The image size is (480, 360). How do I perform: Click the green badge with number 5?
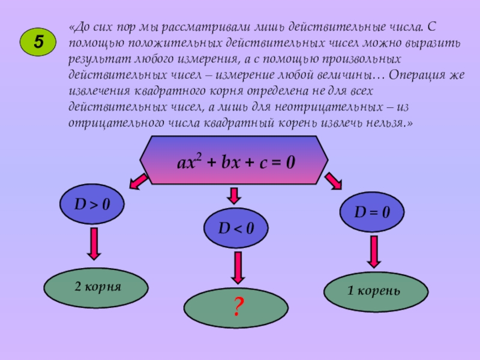click(38, 42)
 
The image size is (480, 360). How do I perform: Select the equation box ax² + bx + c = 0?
click(235, 161)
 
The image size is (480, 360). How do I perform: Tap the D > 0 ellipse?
click(92, 205)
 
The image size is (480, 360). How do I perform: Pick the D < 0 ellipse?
click(235, 228)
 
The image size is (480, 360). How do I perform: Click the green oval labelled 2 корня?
click(97, 287)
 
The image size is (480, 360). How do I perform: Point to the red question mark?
click(237, 307)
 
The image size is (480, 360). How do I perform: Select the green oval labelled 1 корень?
click(376, 291)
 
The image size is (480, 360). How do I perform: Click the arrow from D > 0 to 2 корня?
click(94, 244)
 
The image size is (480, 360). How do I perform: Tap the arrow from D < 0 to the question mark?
click(238, 267)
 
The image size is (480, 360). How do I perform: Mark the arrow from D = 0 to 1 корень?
click(373, 251)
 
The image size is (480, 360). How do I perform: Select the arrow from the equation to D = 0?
click(334, 181)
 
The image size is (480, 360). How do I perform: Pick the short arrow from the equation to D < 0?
click(235, 194)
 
